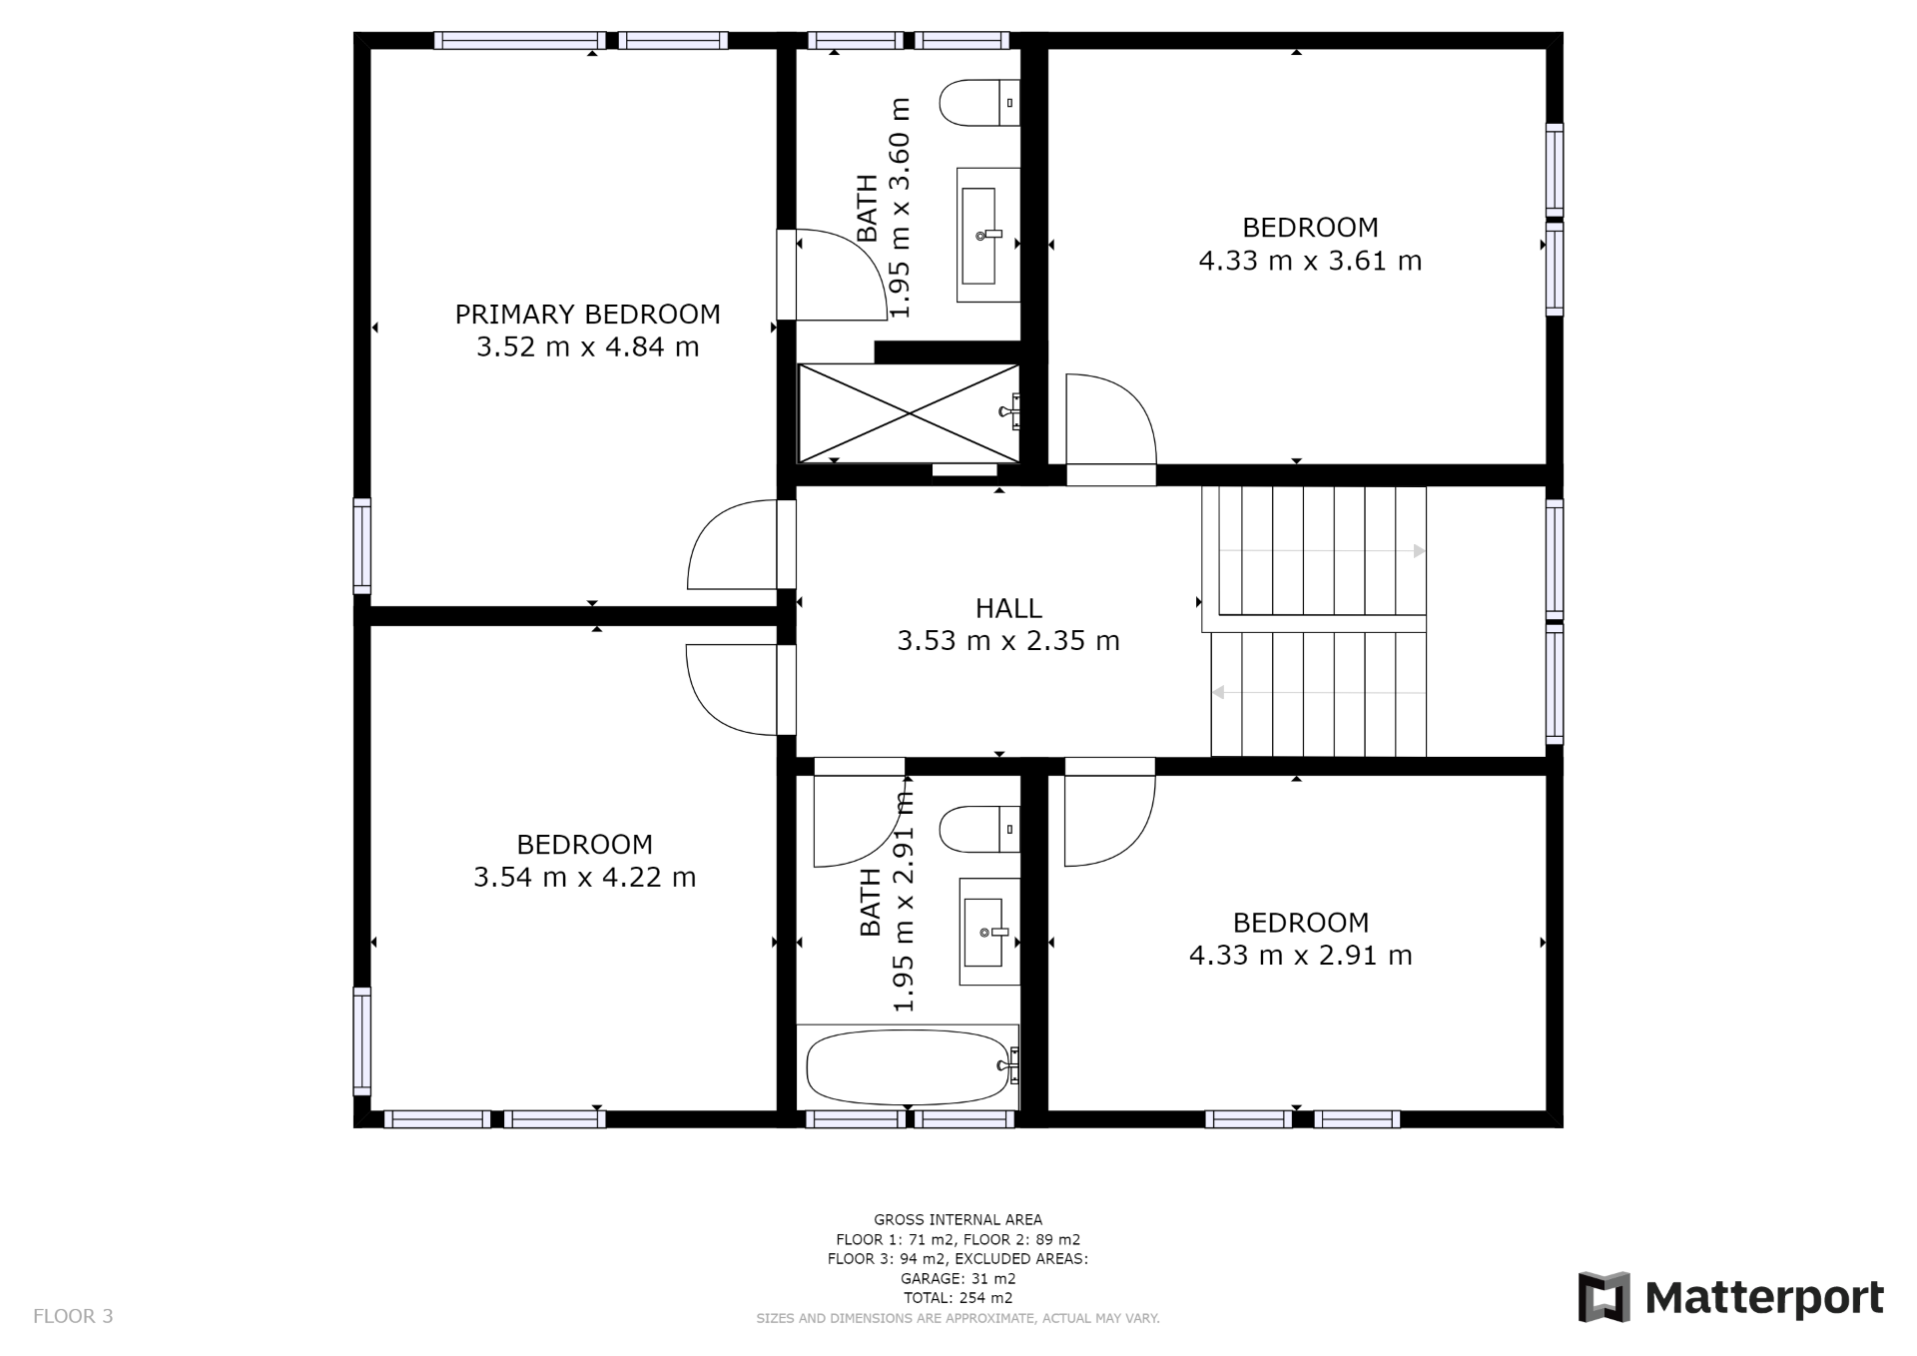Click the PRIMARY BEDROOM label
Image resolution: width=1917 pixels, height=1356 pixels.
pyautogui.click(x=587, y=315)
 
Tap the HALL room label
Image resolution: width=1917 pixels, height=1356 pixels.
pyautogui.click(x=1008, y=608)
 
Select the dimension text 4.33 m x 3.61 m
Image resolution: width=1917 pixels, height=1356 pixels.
pyautogui.click(x=1310, y=261)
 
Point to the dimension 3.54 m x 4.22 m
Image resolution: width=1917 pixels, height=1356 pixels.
pyautogui.click(x=584, y=878)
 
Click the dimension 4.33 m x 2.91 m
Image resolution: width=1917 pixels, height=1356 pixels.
pyautogui.click(x=1300, y=956)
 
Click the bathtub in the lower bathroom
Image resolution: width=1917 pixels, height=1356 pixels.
pyautogui.click(x=909, y=1066)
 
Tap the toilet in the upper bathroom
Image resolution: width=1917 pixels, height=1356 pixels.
pyautogui.click(x=979, y=103)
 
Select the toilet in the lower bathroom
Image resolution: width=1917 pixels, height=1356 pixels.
pyautogui.click(x=979, y=829)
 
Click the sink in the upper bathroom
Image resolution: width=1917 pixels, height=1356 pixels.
pyautogui.click(x=988, y=235)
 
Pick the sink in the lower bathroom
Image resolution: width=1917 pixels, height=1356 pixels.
pyautogui.click(x=989, y=932)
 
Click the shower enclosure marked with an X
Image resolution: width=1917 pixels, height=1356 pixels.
pyautogui.click(x=909, y=412)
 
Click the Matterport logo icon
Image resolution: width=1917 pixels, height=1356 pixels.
pyautogui.click(x=1603, y=1297)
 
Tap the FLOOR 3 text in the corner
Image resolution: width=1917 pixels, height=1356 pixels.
pyautogui.click(x=73, y=1316)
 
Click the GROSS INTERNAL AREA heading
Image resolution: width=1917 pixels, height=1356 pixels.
pyautogui.click(x=958, y=1219)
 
